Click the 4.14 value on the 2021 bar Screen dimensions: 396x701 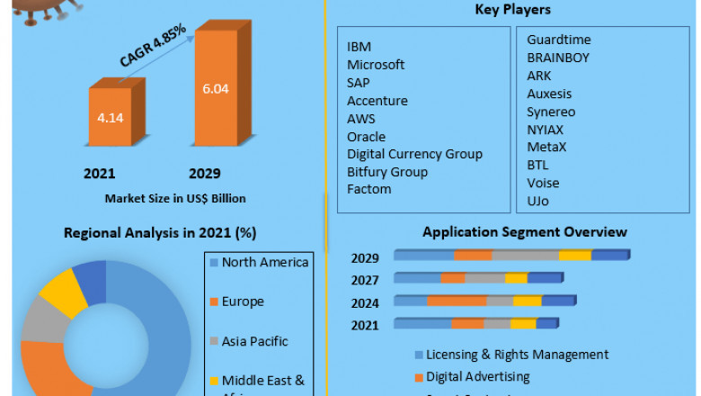[x=110, y=116]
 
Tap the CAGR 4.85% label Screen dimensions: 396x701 [x=154, y=45]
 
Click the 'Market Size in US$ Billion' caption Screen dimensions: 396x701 [x=175, y=198]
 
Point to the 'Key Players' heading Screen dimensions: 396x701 [x=512, y=10]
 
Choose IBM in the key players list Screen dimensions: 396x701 [x=359, y=47]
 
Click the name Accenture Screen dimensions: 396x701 [x=377, y=101]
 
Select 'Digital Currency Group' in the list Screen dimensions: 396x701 [x=414, y=154]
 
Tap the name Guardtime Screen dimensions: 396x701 [x=559, y=40]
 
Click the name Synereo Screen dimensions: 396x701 [x=551, y=112]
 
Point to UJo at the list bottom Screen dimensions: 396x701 [x=537, y=201]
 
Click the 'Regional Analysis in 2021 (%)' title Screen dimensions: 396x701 [x=160, y=233]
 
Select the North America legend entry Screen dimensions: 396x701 [x=264, y=262]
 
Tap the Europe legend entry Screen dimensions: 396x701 [x=243, y=301]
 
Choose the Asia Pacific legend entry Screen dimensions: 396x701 [x=254, y=341]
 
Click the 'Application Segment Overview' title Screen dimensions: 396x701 [x=525, y=232]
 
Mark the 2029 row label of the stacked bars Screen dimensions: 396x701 [x=365, y=258]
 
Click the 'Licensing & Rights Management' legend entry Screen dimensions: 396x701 [x=517, y=355]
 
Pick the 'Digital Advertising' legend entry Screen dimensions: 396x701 [x=477, y=376]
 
